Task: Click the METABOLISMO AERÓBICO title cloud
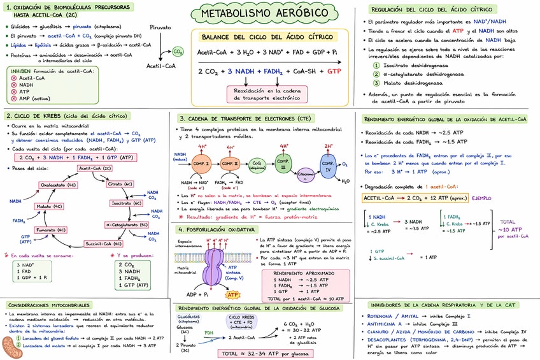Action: click(x=269, y=13)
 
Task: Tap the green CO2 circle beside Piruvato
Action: click(x=178, y=52)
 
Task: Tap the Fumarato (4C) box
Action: click(x=51, y=229)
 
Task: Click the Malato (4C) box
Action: click(x=49, y=206)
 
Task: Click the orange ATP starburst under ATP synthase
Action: click(x=233, y=294)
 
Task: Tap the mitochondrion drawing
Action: click(x=11, y=347)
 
